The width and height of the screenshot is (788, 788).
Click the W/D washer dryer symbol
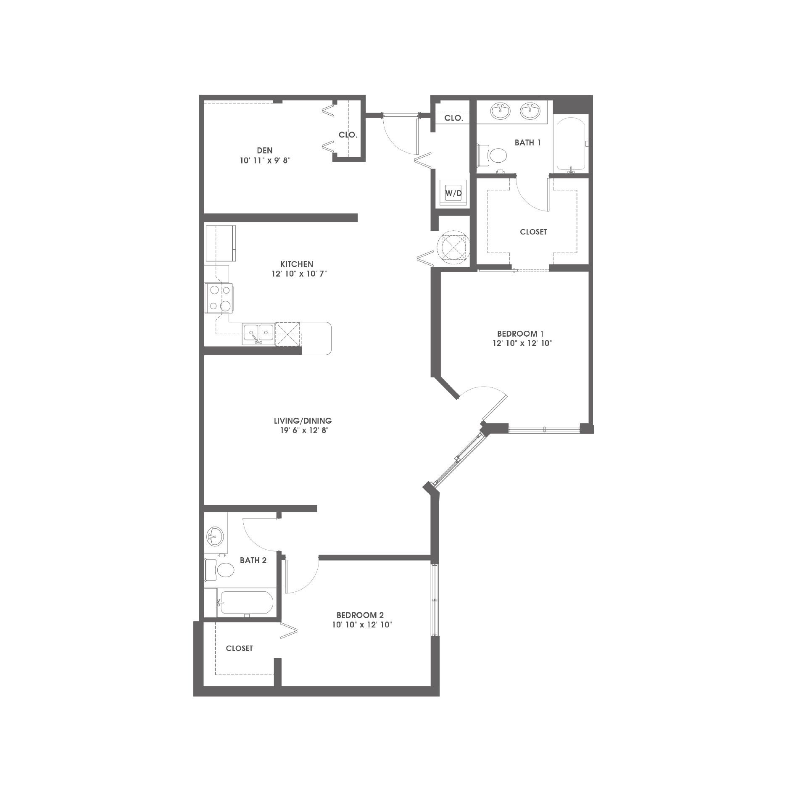coord(453,194)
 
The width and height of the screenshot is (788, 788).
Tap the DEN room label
coord(265,150)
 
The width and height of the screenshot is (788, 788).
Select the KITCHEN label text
coord(297,264)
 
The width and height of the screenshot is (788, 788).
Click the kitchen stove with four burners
coord(219,298)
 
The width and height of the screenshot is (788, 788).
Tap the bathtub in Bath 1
coord(571,145)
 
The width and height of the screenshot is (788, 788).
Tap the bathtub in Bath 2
coord(245,604)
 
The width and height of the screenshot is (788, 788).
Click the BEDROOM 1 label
coord(520,334)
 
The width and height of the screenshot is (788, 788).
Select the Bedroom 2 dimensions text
coord(362,625)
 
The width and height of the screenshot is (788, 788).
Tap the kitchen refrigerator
coord(220,243)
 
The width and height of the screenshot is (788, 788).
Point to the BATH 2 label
coord(253,560)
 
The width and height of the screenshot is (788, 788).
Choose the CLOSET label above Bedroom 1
coord(533,232)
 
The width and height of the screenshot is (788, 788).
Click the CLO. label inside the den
coord(348,135)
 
